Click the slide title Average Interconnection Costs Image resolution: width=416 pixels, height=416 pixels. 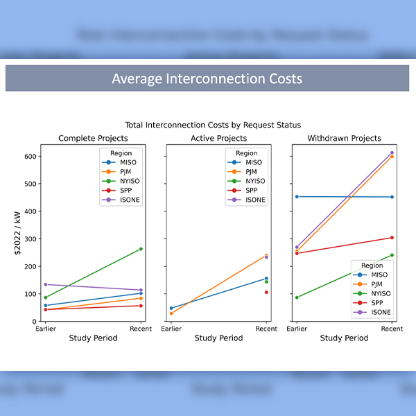point(207,78)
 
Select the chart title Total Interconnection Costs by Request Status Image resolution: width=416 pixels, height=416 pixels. point(213,125)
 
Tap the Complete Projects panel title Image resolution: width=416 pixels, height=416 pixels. point(93,139)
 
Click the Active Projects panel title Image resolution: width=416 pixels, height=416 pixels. point(218,139)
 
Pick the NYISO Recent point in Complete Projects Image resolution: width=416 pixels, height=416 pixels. point(141,249)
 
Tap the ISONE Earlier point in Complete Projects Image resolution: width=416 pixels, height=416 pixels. point(46,284)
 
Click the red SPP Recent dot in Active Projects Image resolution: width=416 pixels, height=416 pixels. point(266,292)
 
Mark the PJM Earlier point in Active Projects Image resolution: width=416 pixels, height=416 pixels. point(171,313)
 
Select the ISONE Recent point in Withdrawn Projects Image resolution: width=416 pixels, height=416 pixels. point(392,153)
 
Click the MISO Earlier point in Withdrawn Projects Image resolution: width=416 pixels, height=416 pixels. point(297,197)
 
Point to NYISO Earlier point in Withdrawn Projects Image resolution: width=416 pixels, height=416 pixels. point(297,297)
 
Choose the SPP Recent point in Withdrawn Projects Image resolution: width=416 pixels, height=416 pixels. point(392,238)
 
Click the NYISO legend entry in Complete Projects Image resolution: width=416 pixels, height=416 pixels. point(125,181)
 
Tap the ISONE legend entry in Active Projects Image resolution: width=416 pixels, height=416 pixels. point(251,200)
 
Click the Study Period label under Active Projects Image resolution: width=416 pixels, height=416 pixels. point(218,338)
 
